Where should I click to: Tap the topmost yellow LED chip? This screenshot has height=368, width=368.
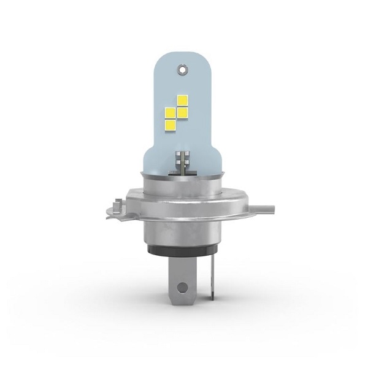(x=182, y=99)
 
